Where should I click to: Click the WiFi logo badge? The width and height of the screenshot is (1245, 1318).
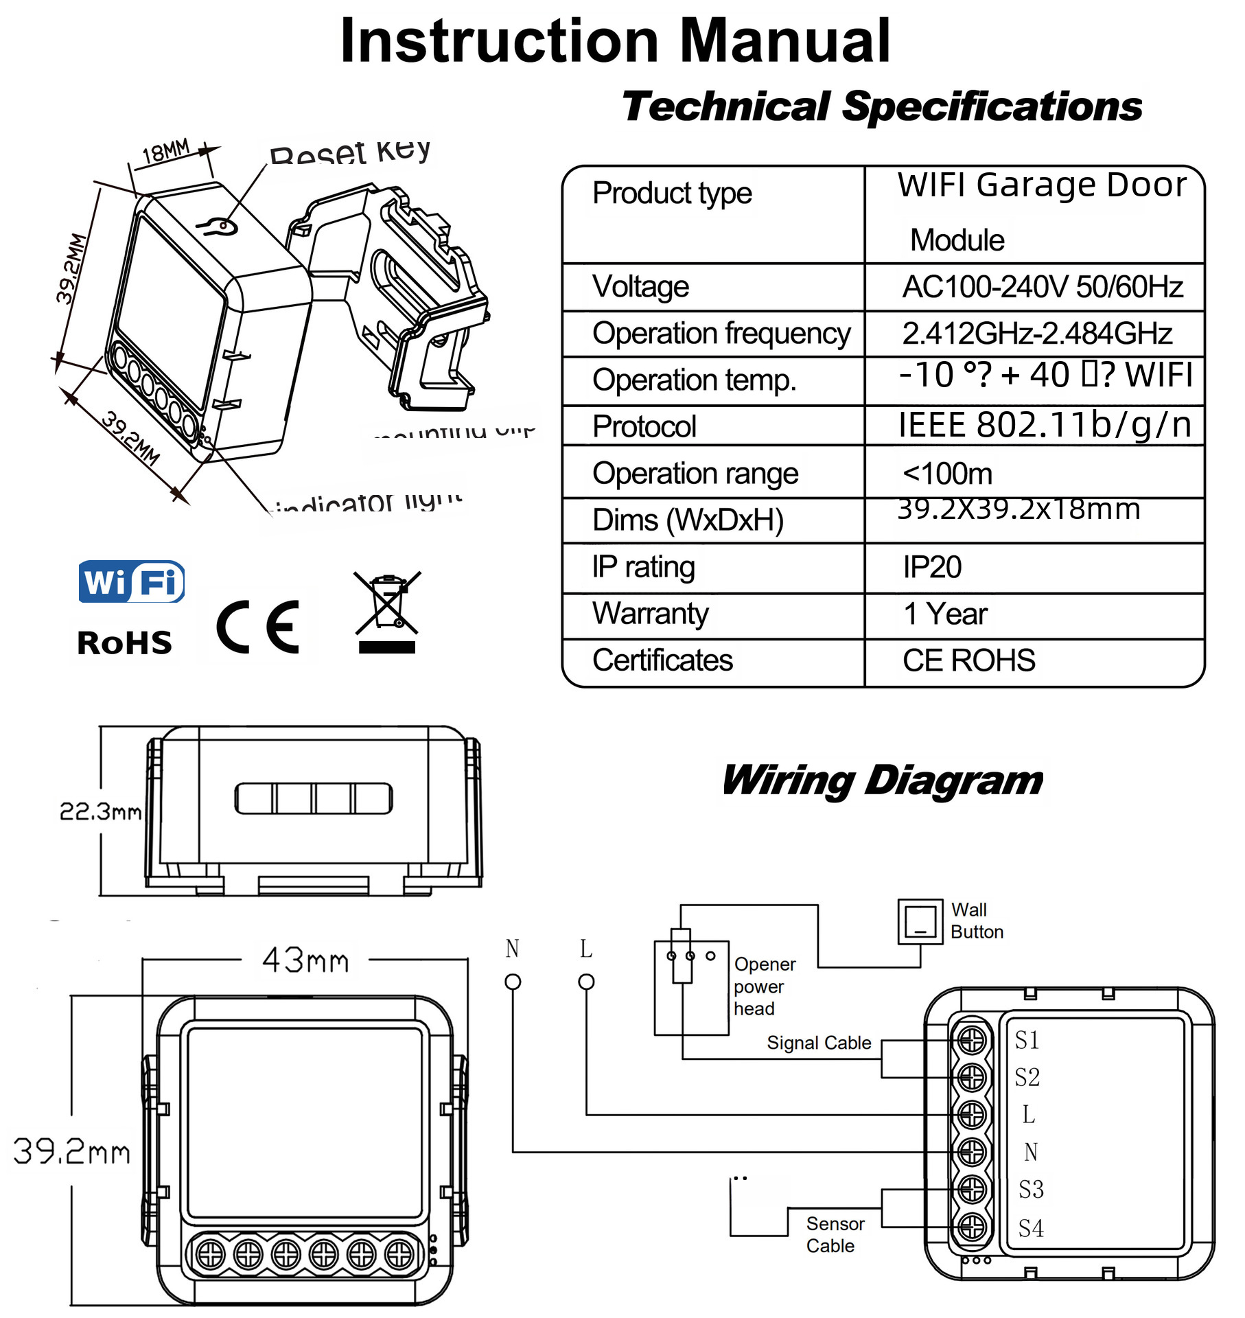pyautogui.click(x=131, y=582)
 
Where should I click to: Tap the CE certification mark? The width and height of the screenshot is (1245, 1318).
pyautogui.click(x=258, y=627)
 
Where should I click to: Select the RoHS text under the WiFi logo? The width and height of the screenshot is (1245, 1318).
pyautogui.click(x=124, y=643)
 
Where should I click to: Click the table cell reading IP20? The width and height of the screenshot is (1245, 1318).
pyautogui.click(x=931, y=568)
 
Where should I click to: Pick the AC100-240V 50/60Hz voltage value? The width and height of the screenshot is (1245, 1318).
pyautogui.click(x=1042, y=287)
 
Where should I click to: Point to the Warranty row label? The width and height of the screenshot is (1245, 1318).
pyautogui.click(x=650, y=614)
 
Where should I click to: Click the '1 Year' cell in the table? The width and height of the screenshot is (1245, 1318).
pyautogui.click(x=945, y=614)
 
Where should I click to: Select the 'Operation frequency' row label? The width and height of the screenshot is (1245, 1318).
pyautogui.click(x=721, y=334)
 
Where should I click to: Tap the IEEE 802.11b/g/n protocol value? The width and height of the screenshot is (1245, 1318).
pyautogui.click(x=1045, y=425)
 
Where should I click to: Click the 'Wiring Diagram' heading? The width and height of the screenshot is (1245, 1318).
pyautogui.click(x=882, y=781)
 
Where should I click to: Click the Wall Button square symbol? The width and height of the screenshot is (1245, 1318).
pyautogui.click(x=920, y=921)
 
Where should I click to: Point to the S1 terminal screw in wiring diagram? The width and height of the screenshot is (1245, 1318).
pyautogui.click(x=972, y=1041)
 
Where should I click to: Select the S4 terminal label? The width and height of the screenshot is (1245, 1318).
pyautogui.click(x=1030, y=1228)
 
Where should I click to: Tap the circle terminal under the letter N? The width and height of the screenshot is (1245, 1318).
pyautogui.click(x=513, y=982)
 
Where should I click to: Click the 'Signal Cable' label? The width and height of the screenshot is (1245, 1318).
pyautogui.click(x=819, y=1043)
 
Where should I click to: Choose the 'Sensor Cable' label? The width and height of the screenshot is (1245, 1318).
pyautogui.click(x=834, y=1234)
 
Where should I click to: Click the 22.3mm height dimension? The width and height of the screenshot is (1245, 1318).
pyautogui.click(x=100, y=812)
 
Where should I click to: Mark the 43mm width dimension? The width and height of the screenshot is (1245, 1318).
pyautogui.click(x=305, y=960)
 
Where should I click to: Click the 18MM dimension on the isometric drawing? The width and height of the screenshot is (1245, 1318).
pyautogui.click(x=165, y=152)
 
